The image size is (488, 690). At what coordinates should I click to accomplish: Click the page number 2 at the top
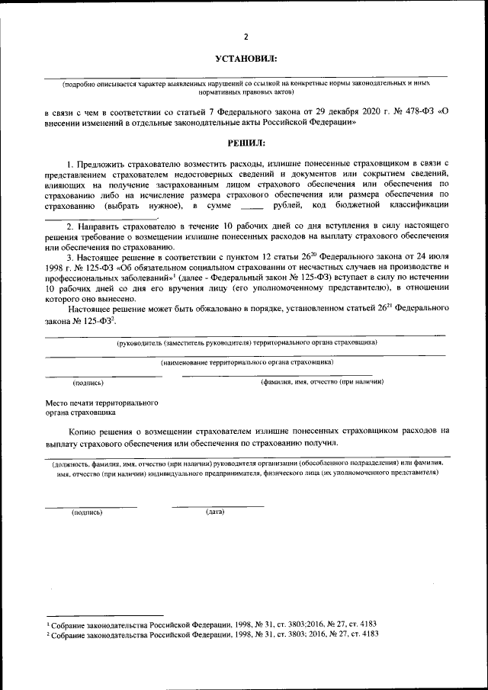point(246,37)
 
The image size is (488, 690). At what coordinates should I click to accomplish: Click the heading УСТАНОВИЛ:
point(246,59)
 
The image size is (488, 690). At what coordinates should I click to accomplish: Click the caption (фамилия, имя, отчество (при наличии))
point(321,381)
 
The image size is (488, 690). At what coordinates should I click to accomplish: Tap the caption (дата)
point(215,511)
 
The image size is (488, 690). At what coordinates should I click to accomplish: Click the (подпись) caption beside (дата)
point(86,512)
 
